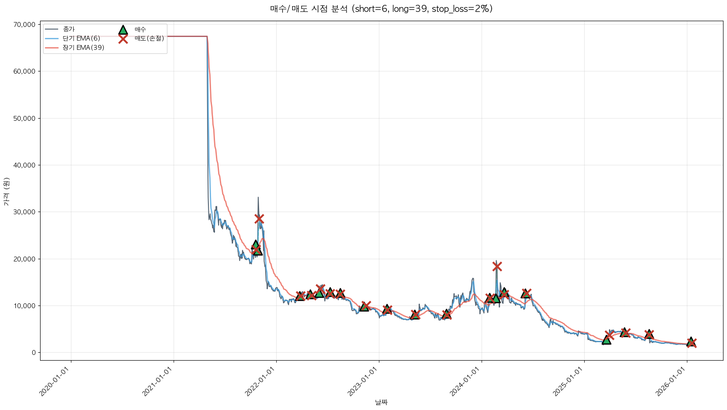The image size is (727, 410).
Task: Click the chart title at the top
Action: click(x=381, y=9)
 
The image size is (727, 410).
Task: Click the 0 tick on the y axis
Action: click(x=33, y=353)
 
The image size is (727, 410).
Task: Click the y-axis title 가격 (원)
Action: click(x=6, y=191)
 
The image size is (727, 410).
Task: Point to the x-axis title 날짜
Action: click(x=381, y=402)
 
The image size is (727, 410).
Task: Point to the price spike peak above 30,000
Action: click(x=258, y=198)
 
